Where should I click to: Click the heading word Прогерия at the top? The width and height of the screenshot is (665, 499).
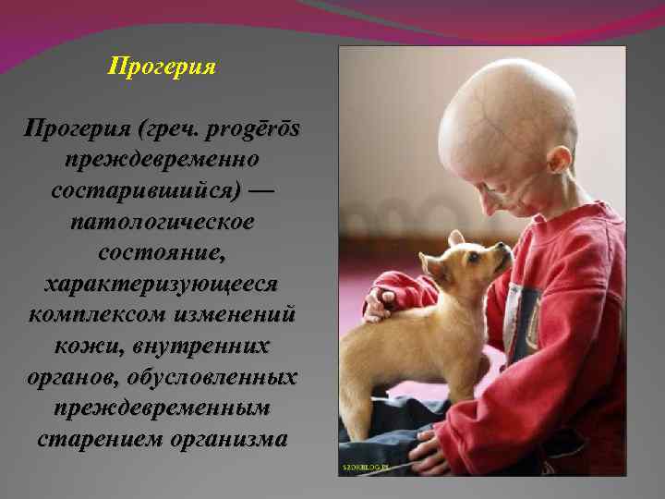pyautogui.click(x=162, y=67)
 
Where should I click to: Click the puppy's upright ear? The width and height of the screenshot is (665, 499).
pyautogui.click(x=456, y=238)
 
